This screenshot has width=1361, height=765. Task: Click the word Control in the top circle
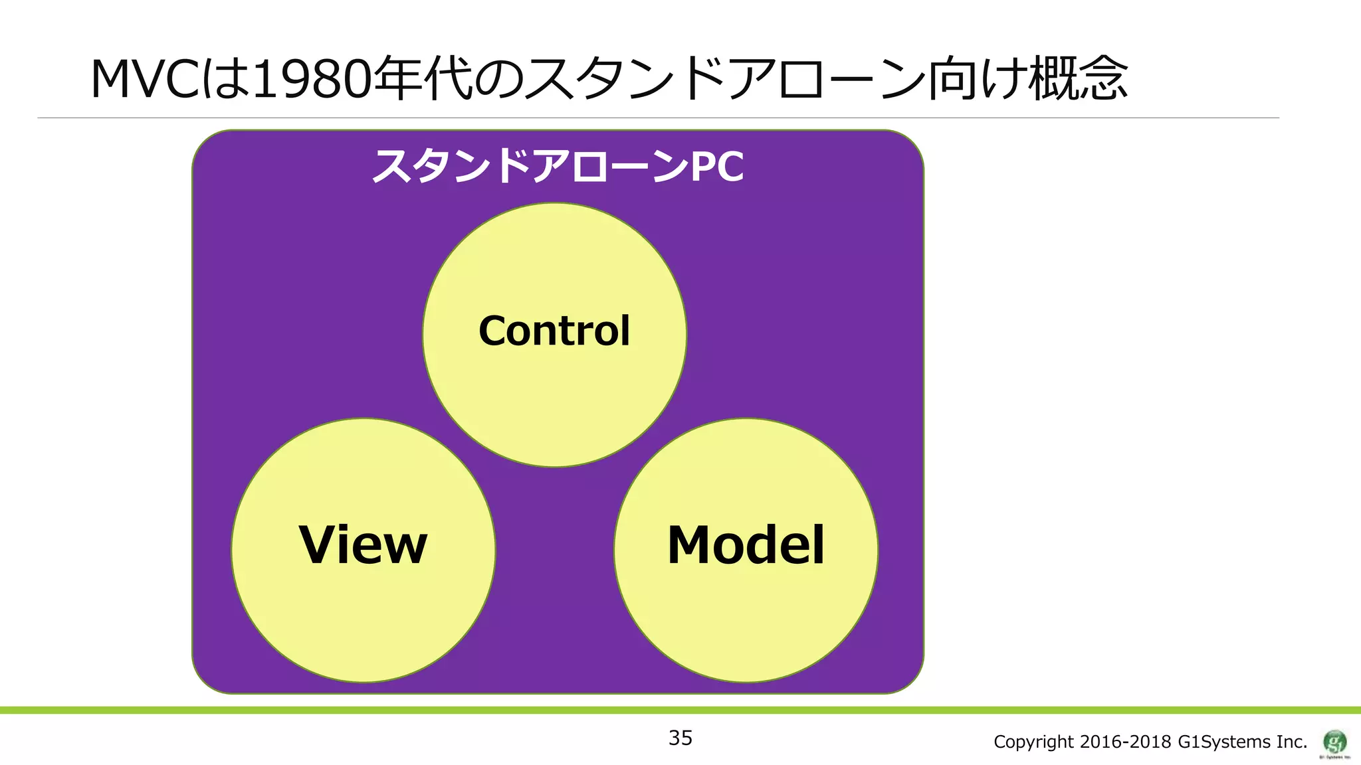pos(554,331)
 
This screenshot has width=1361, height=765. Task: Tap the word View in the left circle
pos(363,545)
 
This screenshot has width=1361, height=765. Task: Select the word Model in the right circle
pos(746,545)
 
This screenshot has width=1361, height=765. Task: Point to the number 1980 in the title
pos(312,80)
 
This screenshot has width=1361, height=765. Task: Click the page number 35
pos(680,738)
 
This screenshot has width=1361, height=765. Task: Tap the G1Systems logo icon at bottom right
pos(1334,741)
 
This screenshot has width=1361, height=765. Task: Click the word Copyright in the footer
pos(1033,742)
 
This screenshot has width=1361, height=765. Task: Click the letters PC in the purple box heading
pos(718,166)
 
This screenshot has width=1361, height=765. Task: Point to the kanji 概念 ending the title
pos(1078,80)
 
